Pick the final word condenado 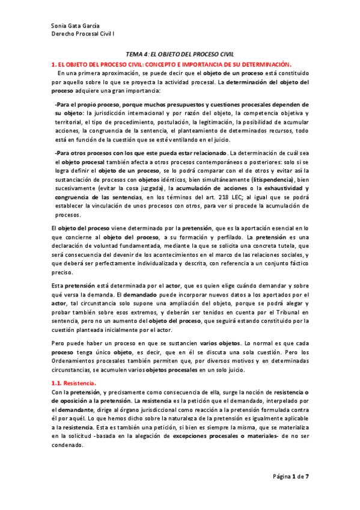[x=69, y=442]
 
